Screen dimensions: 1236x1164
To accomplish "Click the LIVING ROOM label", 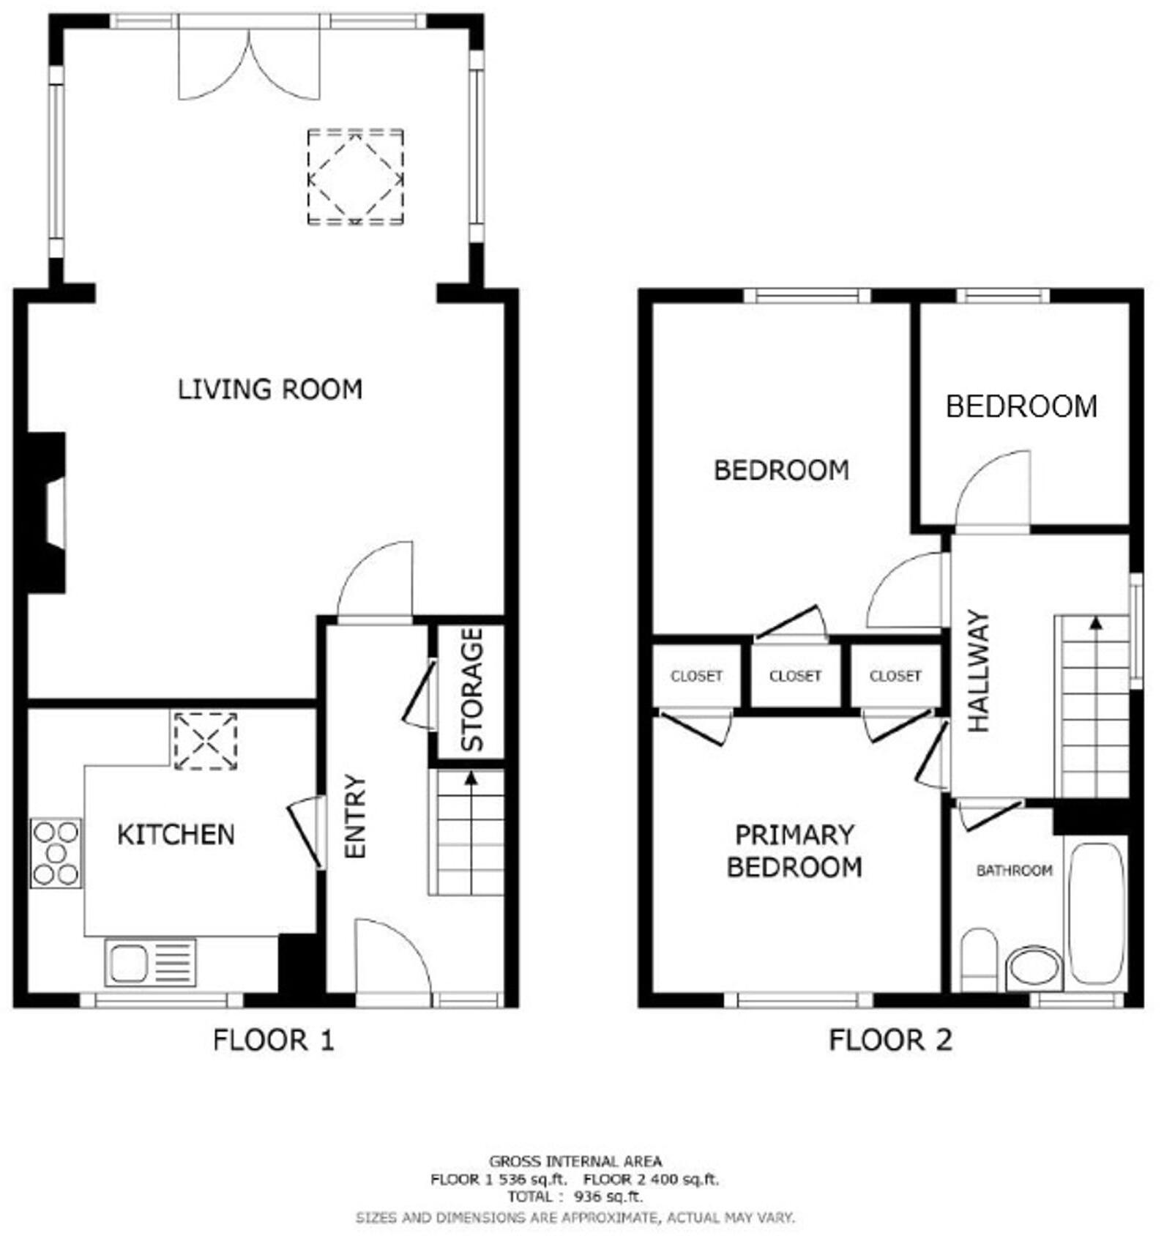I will coord(270,389).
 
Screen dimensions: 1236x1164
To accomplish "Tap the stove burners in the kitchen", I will coord(56,853).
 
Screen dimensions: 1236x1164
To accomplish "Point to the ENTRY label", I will coord(355,816).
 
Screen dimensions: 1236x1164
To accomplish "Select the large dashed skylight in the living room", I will coord(355,177).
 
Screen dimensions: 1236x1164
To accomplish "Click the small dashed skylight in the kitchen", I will coord(205,741).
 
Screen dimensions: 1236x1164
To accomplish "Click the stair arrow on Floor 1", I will coord(471,780).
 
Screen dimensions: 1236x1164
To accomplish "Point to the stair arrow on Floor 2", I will coord(1096,624).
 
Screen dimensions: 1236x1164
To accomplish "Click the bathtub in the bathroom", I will coord(1096,913).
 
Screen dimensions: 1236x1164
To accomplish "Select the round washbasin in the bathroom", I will coord(1033,967).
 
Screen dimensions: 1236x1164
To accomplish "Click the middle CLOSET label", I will coord(796,676).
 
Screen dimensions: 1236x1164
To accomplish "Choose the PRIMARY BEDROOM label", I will coord(794,851).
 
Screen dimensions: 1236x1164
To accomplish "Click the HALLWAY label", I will coord(978,671).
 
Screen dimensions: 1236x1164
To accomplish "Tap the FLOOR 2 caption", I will coord(890,1040).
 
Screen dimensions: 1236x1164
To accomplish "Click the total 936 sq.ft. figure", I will coord(608,1196).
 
